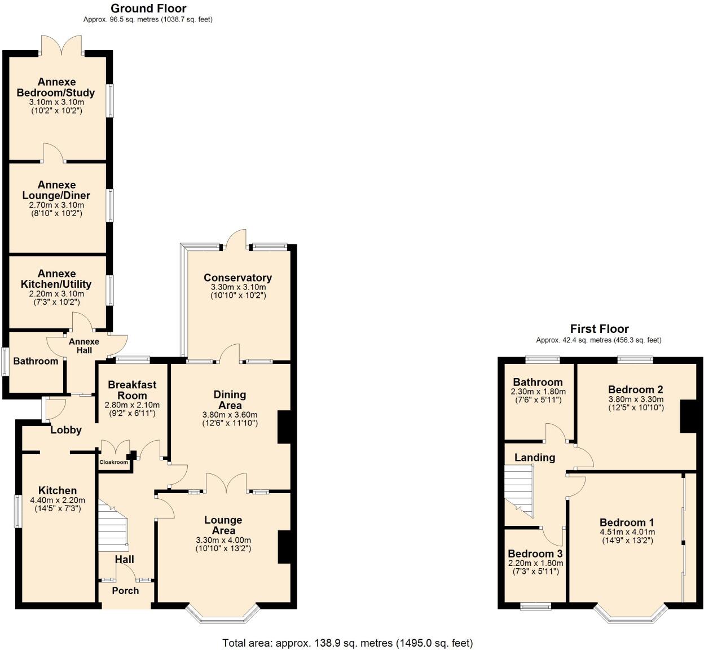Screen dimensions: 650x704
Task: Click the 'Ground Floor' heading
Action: pos(148,8)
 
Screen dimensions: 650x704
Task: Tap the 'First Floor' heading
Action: pos(599,329)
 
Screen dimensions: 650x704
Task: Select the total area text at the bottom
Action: pos(347,643)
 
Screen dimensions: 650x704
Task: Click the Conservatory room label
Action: pos(237,278)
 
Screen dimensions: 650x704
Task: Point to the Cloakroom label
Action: pos(114,462)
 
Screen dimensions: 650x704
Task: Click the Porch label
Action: pos(125,591)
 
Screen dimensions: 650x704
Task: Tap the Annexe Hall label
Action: pos(84,346)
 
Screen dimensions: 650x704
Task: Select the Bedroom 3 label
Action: pos(535,554)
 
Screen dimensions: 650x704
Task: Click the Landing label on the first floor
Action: pos(535,458)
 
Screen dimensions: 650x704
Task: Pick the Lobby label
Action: pos(66,430)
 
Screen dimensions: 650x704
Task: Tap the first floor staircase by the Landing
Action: pos(519,488)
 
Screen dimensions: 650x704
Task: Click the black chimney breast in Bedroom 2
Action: pos(688,416)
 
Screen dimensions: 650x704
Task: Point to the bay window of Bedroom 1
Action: pos(630,615)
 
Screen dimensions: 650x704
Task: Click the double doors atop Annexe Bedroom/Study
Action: pos(61,45)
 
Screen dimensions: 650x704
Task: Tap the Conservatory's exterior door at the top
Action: pos(236,240)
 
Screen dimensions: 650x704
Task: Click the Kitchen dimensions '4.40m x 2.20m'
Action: pos(58,500)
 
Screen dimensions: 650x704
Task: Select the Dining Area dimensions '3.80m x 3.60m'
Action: pos(230,414)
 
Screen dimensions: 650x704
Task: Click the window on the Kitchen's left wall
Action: pos(17,511)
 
